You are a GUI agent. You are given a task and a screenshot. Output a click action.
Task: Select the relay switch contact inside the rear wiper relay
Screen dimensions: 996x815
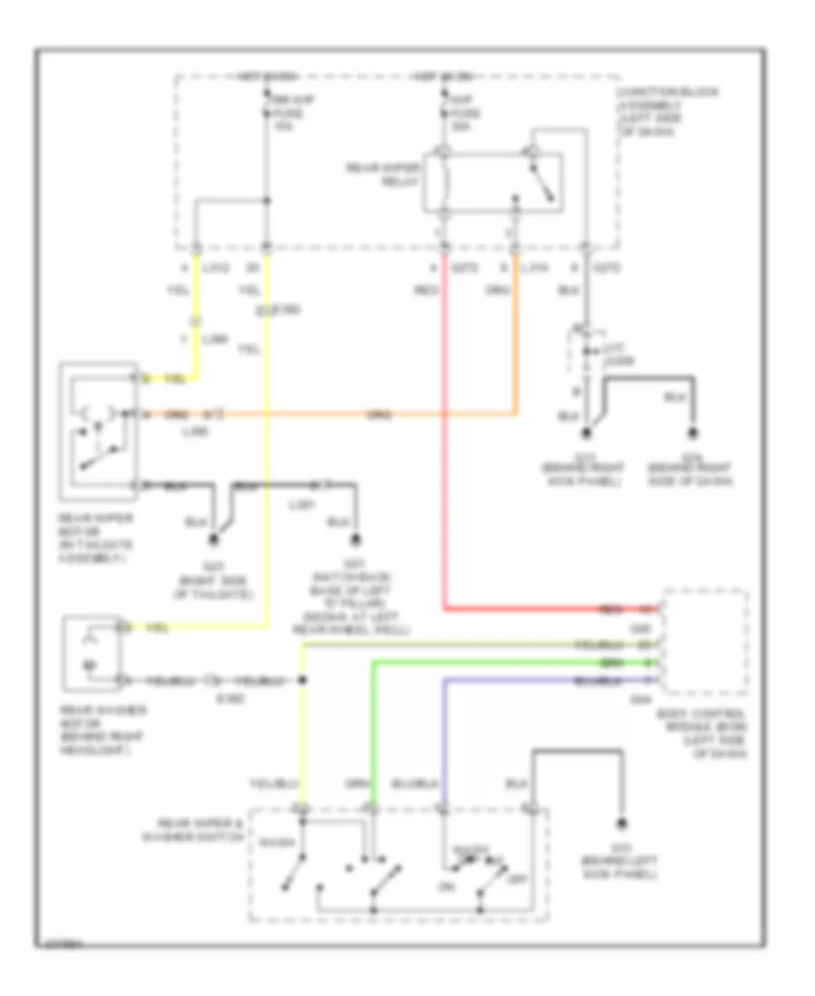coord(543,186)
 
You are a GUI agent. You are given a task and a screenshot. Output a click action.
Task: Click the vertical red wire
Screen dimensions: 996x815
coord(445,453)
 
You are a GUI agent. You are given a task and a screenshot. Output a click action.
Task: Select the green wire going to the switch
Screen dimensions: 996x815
coord(372,724)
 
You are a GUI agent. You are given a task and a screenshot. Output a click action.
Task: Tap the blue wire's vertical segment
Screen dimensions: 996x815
coord(444,733)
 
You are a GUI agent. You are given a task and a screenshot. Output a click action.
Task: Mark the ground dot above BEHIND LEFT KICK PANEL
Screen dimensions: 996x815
coord(623,824)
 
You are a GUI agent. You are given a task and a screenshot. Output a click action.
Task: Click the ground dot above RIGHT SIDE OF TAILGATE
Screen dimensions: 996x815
coord(215,541)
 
